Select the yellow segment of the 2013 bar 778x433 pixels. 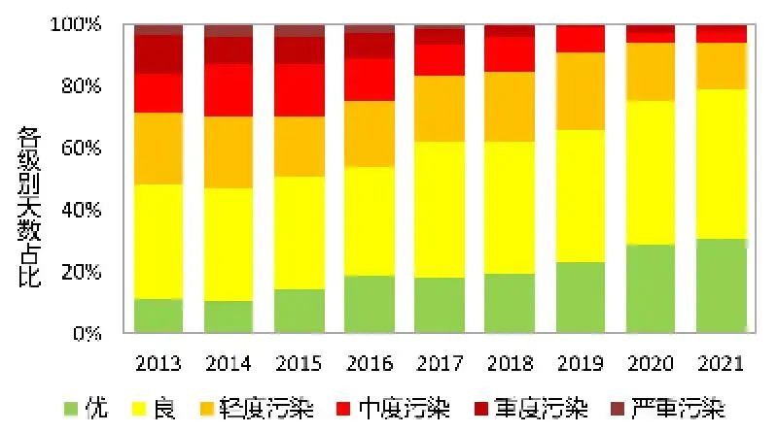(x=159, y=242)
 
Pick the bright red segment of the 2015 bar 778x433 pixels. (x=299, y=90)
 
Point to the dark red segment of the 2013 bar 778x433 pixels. (x=159, y=54)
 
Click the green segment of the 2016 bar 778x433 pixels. (x=369, y=304)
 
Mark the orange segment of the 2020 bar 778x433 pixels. (x=650, y=72)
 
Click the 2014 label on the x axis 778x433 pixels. (x=229, y=363)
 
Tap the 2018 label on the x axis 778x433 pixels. (x=510, y=363)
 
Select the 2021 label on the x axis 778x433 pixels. (x=720, y=363)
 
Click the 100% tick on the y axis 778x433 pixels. (x=78, y=24)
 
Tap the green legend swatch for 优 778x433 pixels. (x=69, y=409)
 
